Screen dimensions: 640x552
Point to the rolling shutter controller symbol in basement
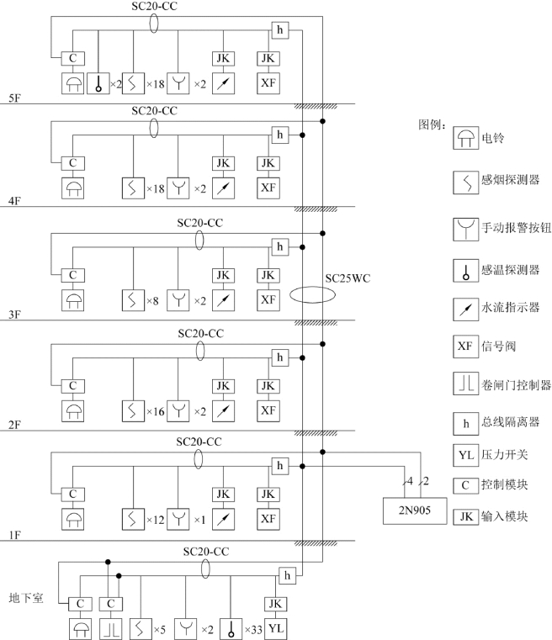point(109,627)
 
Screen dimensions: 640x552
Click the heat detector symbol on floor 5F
point(99,83)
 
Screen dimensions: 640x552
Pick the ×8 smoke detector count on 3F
point(154,299)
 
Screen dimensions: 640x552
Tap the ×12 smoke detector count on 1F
point(157,519)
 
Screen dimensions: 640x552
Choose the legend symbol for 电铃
point(464,140)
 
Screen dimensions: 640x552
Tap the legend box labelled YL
point(464,454)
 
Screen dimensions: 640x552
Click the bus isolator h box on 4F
point(281,135)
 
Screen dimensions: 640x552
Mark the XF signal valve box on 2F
point(268,410)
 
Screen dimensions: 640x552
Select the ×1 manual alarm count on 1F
point(200,519)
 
